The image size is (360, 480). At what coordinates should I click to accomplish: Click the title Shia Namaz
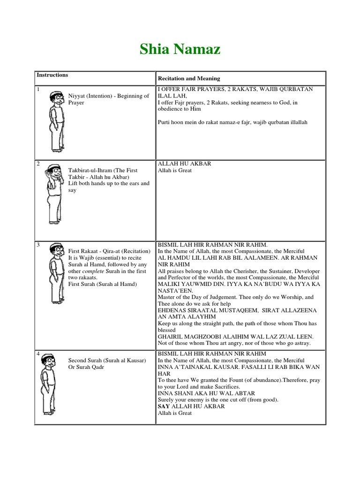point(180,50)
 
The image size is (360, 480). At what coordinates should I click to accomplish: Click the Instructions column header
point(52,75)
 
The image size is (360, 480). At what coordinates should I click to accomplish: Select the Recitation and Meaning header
point(188,78)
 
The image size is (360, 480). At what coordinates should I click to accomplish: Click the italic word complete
point(93,271)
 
